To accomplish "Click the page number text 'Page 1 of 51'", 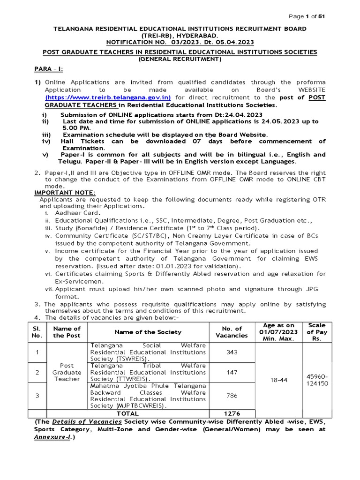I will coord(307,16).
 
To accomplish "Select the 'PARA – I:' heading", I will coord(49,69).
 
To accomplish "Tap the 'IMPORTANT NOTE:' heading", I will coord(65,192).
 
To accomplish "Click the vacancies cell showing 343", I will coord(232,352).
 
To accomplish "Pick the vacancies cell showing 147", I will coord(232,372).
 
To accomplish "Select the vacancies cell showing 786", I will coord(232,396).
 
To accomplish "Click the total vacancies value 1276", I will coord(232,413).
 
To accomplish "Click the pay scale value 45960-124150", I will coord(317,380).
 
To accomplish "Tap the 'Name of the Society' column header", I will coord(148,332).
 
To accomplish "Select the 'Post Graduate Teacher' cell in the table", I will coord(67,372).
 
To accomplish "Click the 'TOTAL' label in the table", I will coord(127,413).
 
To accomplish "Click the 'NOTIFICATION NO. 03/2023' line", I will coord(180,42).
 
